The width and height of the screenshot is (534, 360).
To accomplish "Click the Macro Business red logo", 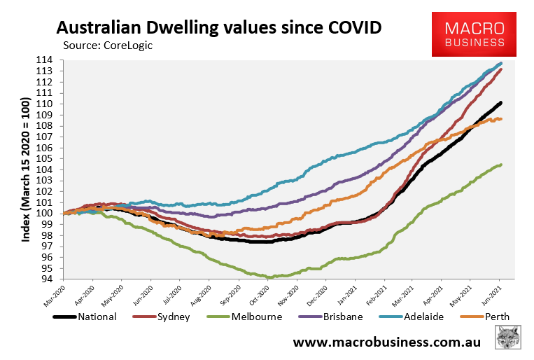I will click(x=477, y=34).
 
